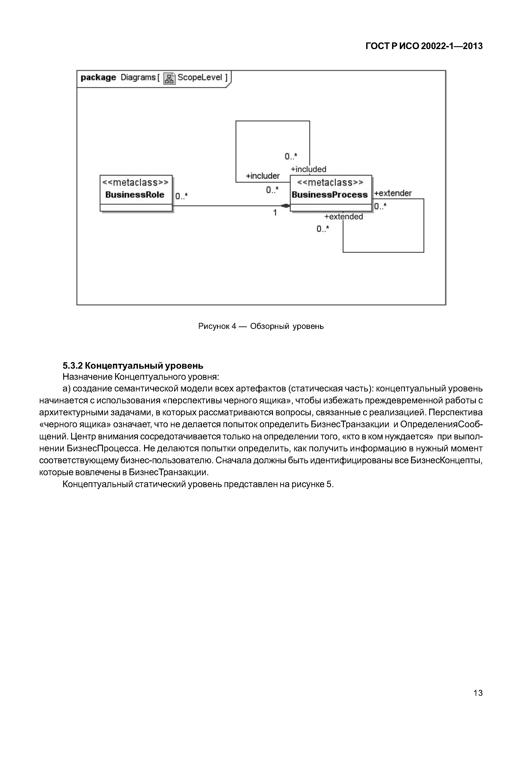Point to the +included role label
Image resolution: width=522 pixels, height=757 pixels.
coord(309,169)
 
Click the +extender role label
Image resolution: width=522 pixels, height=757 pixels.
coord(393,193)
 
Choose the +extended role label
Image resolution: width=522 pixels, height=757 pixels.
coord(343,217)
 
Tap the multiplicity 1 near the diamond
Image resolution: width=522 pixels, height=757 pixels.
coord(275,213)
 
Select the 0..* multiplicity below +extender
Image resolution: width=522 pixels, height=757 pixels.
coord(380,206)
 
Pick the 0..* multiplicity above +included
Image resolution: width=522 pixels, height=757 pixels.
coord(291,157)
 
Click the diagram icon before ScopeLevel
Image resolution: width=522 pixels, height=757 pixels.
coord(169,78)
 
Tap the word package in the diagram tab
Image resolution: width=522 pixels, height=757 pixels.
coord(98,78)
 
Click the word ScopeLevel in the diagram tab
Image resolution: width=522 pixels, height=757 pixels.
coord(200,78)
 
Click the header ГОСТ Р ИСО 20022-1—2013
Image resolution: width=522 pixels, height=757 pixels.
coord(424,46)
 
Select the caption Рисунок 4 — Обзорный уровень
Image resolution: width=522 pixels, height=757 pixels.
coord(261,326)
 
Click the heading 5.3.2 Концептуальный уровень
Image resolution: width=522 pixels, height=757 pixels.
coord(133,365)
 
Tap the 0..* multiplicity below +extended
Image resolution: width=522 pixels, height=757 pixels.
coord(322,229)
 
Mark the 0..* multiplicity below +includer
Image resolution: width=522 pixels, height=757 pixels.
coord(272,190)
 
